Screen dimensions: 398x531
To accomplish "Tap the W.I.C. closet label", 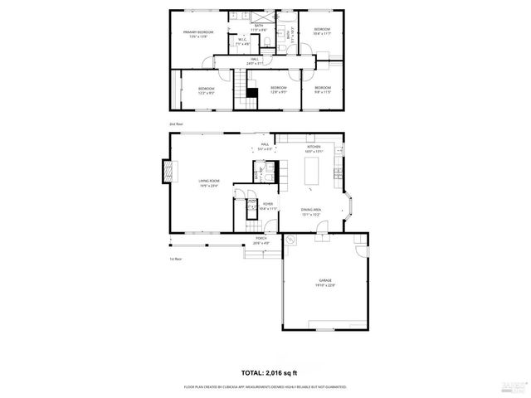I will point(243,43).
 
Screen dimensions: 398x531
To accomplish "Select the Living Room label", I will point(208,183).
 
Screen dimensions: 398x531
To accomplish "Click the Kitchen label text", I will point(314,148).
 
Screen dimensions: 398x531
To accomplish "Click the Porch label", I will point(261,241).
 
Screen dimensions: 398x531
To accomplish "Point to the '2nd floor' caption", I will point(177,124).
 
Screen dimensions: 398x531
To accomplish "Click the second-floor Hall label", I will point(256,61).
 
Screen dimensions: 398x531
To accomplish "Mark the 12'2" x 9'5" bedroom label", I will point(206,90).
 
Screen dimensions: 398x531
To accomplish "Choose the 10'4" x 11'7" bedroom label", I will point(321,32).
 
